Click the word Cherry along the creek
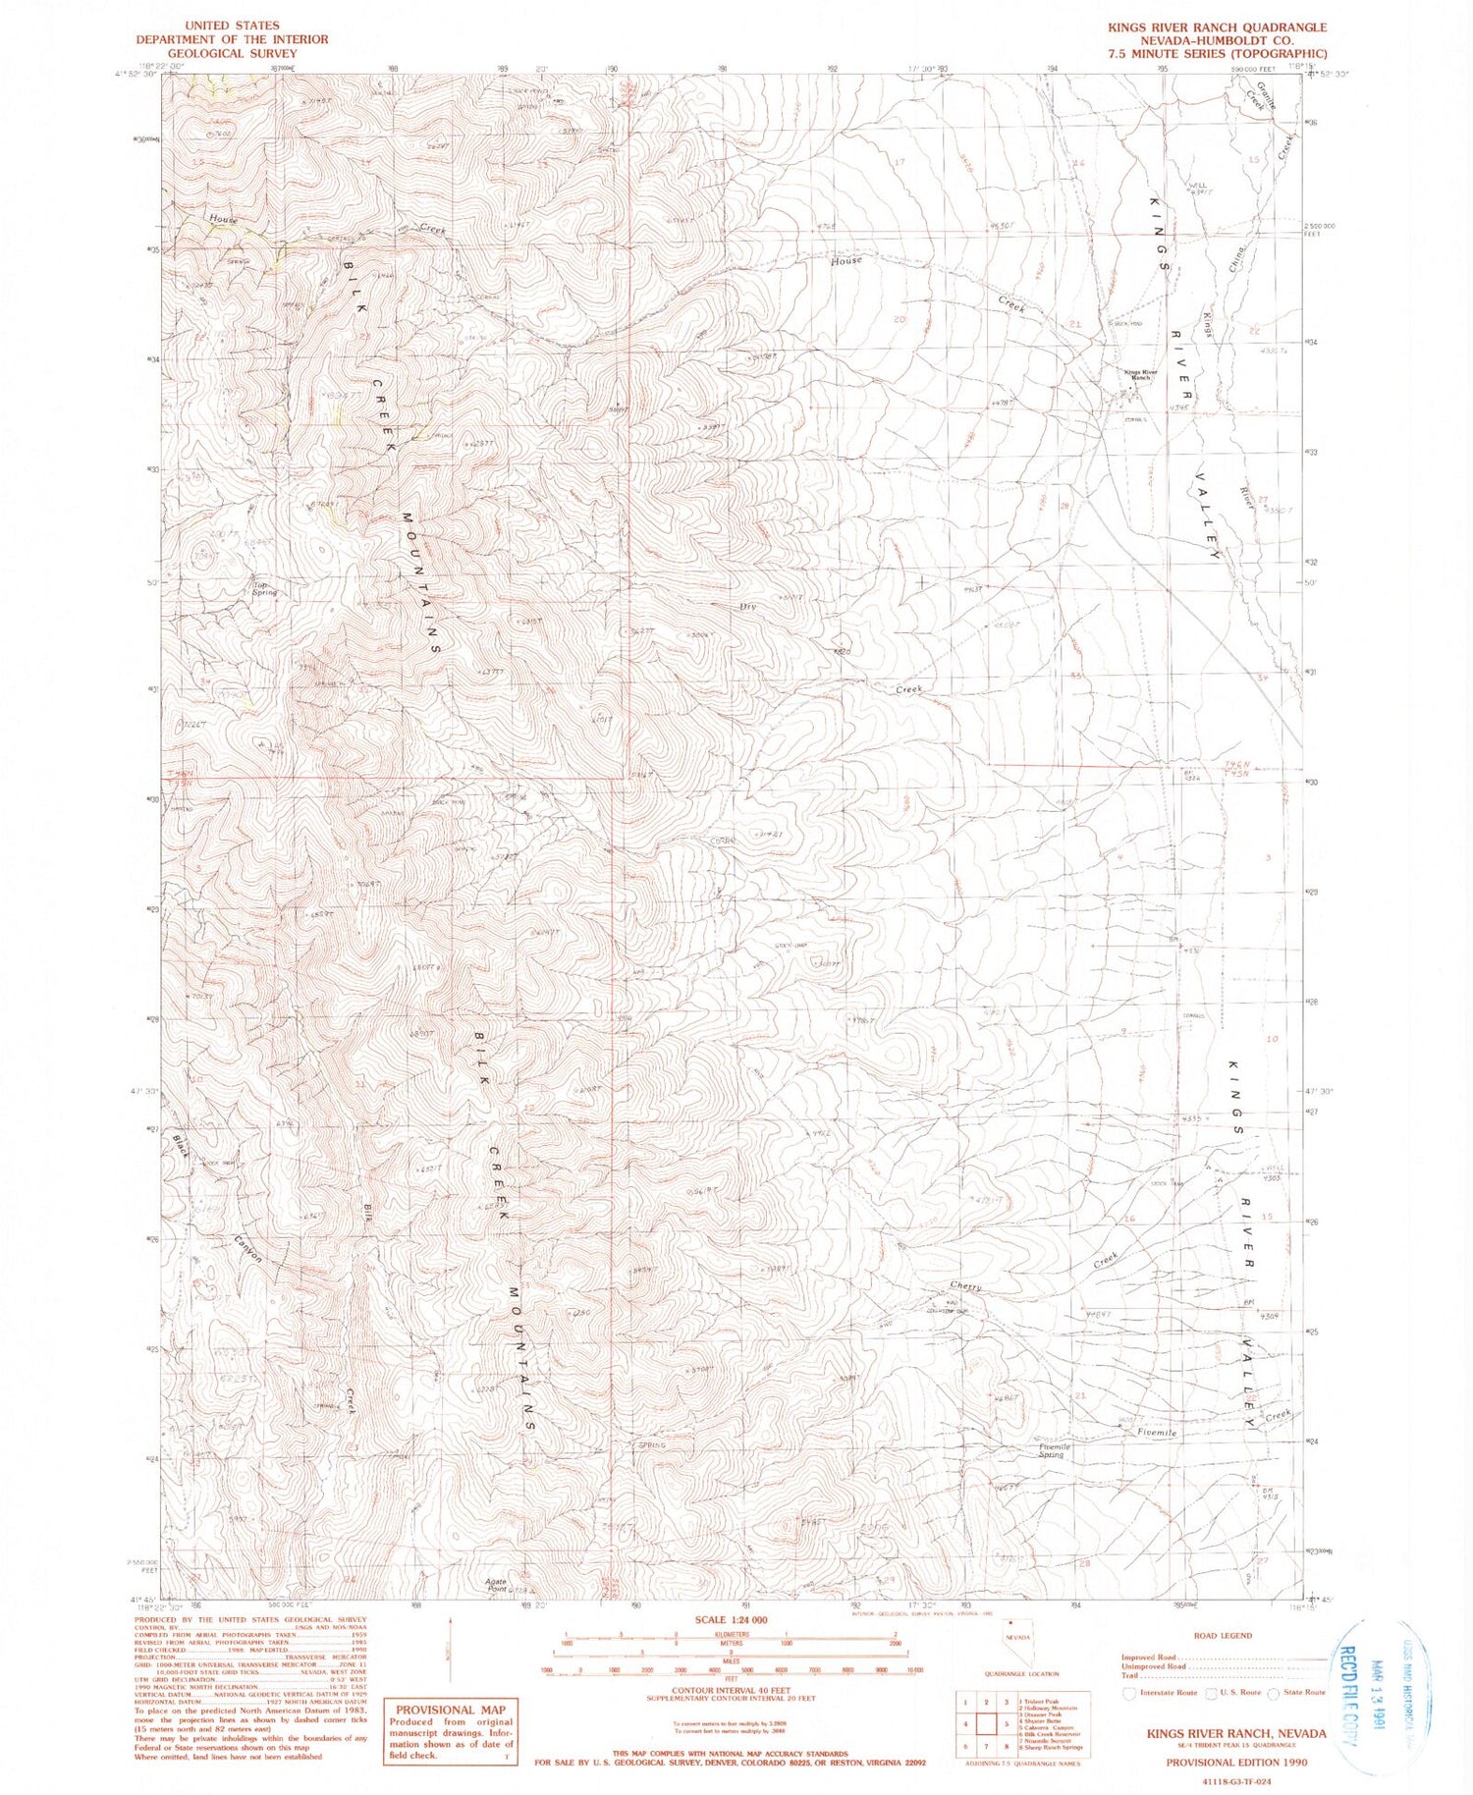965,1286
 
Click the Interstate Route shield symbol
1129,1693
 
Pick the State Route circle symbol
1274,1693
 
